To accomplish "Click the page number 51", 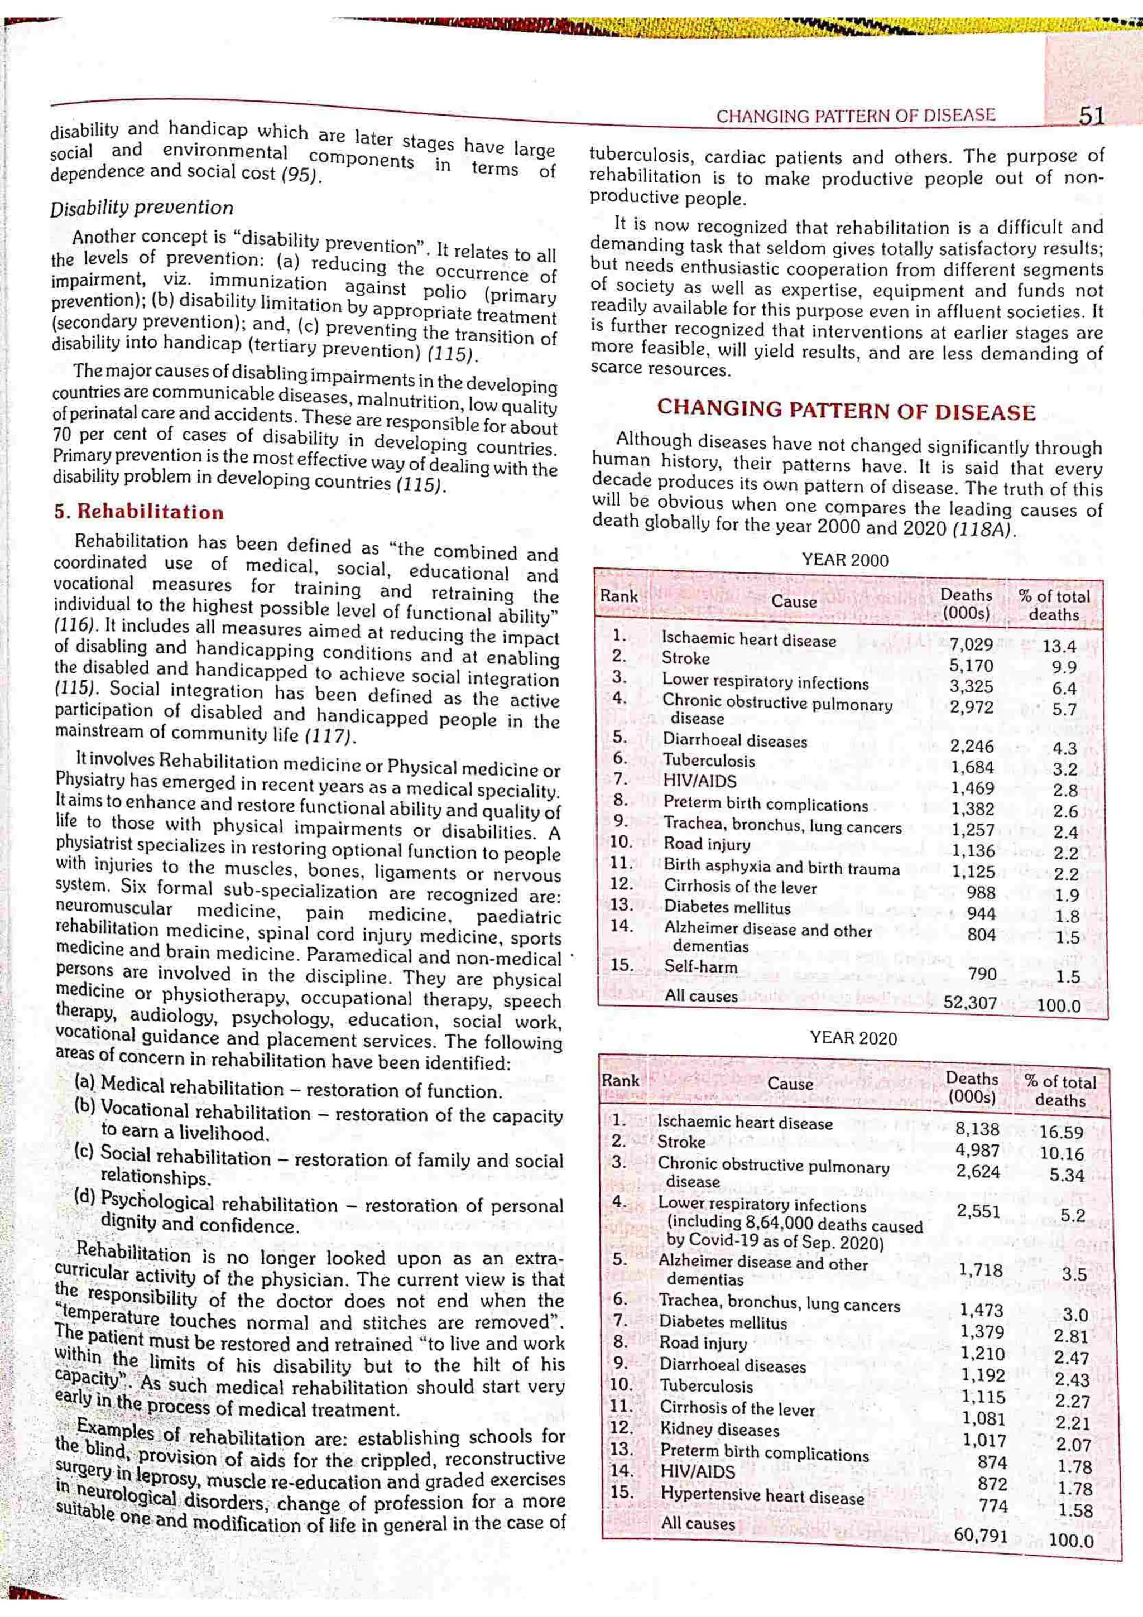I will coord(1091,116).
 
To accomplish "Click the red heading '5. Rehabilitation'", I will coord(139,512).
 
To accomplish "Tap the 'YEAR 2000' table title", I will coord(845,561).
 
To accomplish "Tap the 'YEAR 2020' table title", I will coord(853,1038).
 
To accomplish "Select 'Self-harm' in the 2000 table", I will coord(701,967).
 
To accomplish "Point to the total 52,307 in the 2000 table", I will coord(970,1003).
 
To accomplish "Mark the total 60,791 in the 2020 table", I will coord(981,1536).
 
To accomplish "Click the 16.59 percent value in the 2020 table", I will coord(1062,1133).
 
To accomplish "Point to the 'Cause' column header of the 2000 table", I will coord(794,601).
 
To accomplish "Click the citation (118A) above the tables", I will coord(984,530).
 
